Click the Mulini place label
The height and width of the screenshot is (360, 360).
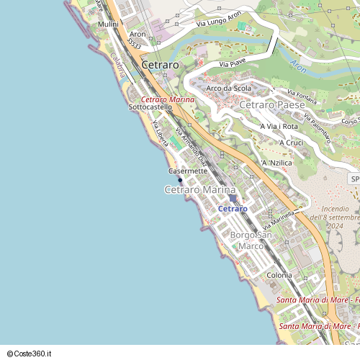coord(109,24)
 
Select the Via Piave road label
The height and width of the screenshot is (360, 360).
coord(233,65)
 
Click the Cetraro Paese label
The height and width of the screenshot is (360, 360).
coord(271,105)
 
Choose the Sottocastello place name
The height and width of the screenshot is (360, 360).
coord(150,107)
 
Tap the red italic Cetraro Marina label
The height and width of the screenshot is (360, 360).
coord(167,99)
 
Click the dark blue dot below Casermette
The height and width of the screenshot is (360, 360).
coord(180,180)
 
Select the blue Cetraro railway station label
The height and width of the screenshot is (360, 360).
coord(232,208)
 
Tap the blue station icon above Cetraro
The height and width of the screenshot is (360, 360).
coord(232,198)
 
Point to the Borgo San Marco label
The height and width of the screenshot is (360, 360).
coord(251,240)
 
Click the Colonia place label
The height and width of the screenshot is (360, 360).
coord(279,275)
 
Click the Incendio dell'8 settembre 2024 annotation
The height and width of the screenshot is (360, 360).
coord(336,217)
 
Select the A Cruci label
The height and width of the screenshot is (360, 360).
coord(292,143)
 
